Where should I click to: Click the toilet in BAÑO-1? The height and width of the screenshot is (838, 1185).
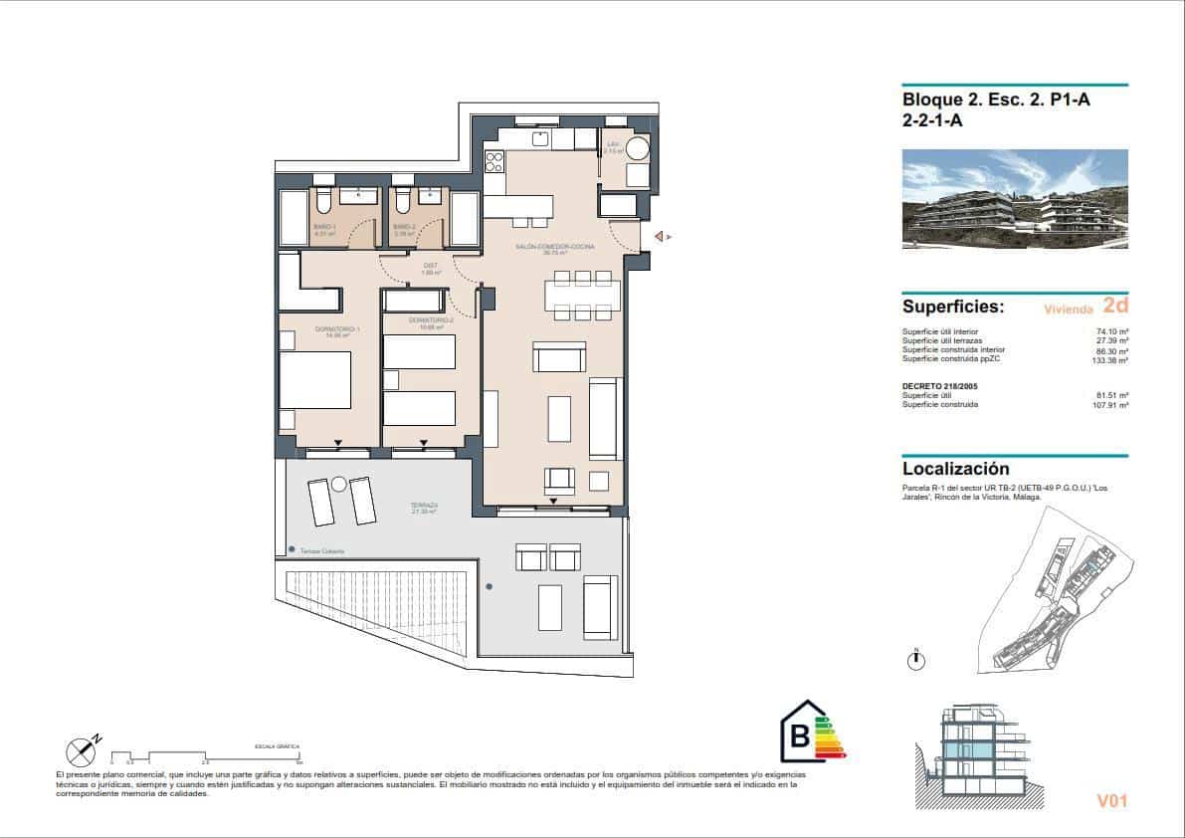[324, 202]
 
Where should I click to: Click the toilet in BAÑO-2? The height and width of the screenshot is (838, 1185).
[401, 202]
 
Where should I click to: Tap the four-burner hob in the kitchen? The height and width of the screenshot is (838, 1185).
[494, 160]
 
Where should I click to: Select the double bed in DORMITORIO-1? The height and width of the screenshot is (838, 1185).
[314, 379]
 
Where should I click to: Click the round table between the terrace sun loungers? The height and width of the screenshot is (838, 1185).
[339, 485]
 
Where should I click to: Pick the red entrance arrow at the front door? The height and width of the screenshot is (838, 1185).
[658, 237]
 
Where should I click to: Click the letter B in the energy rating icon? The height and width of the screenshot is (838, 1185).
[798, 737]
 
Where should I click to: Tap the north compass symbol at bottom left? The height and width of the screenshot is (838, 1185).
[81, 752]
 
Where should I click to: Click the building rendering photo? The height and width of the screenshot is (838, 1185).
[1015, 199]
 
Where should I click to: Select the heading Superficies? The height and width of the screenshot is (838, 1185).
[952, 307]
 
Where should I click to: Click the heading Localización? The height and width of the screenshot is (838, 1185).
[955, 469]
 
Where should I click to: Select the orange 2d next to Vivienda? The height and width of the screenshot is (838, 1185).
[1115, 306]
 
